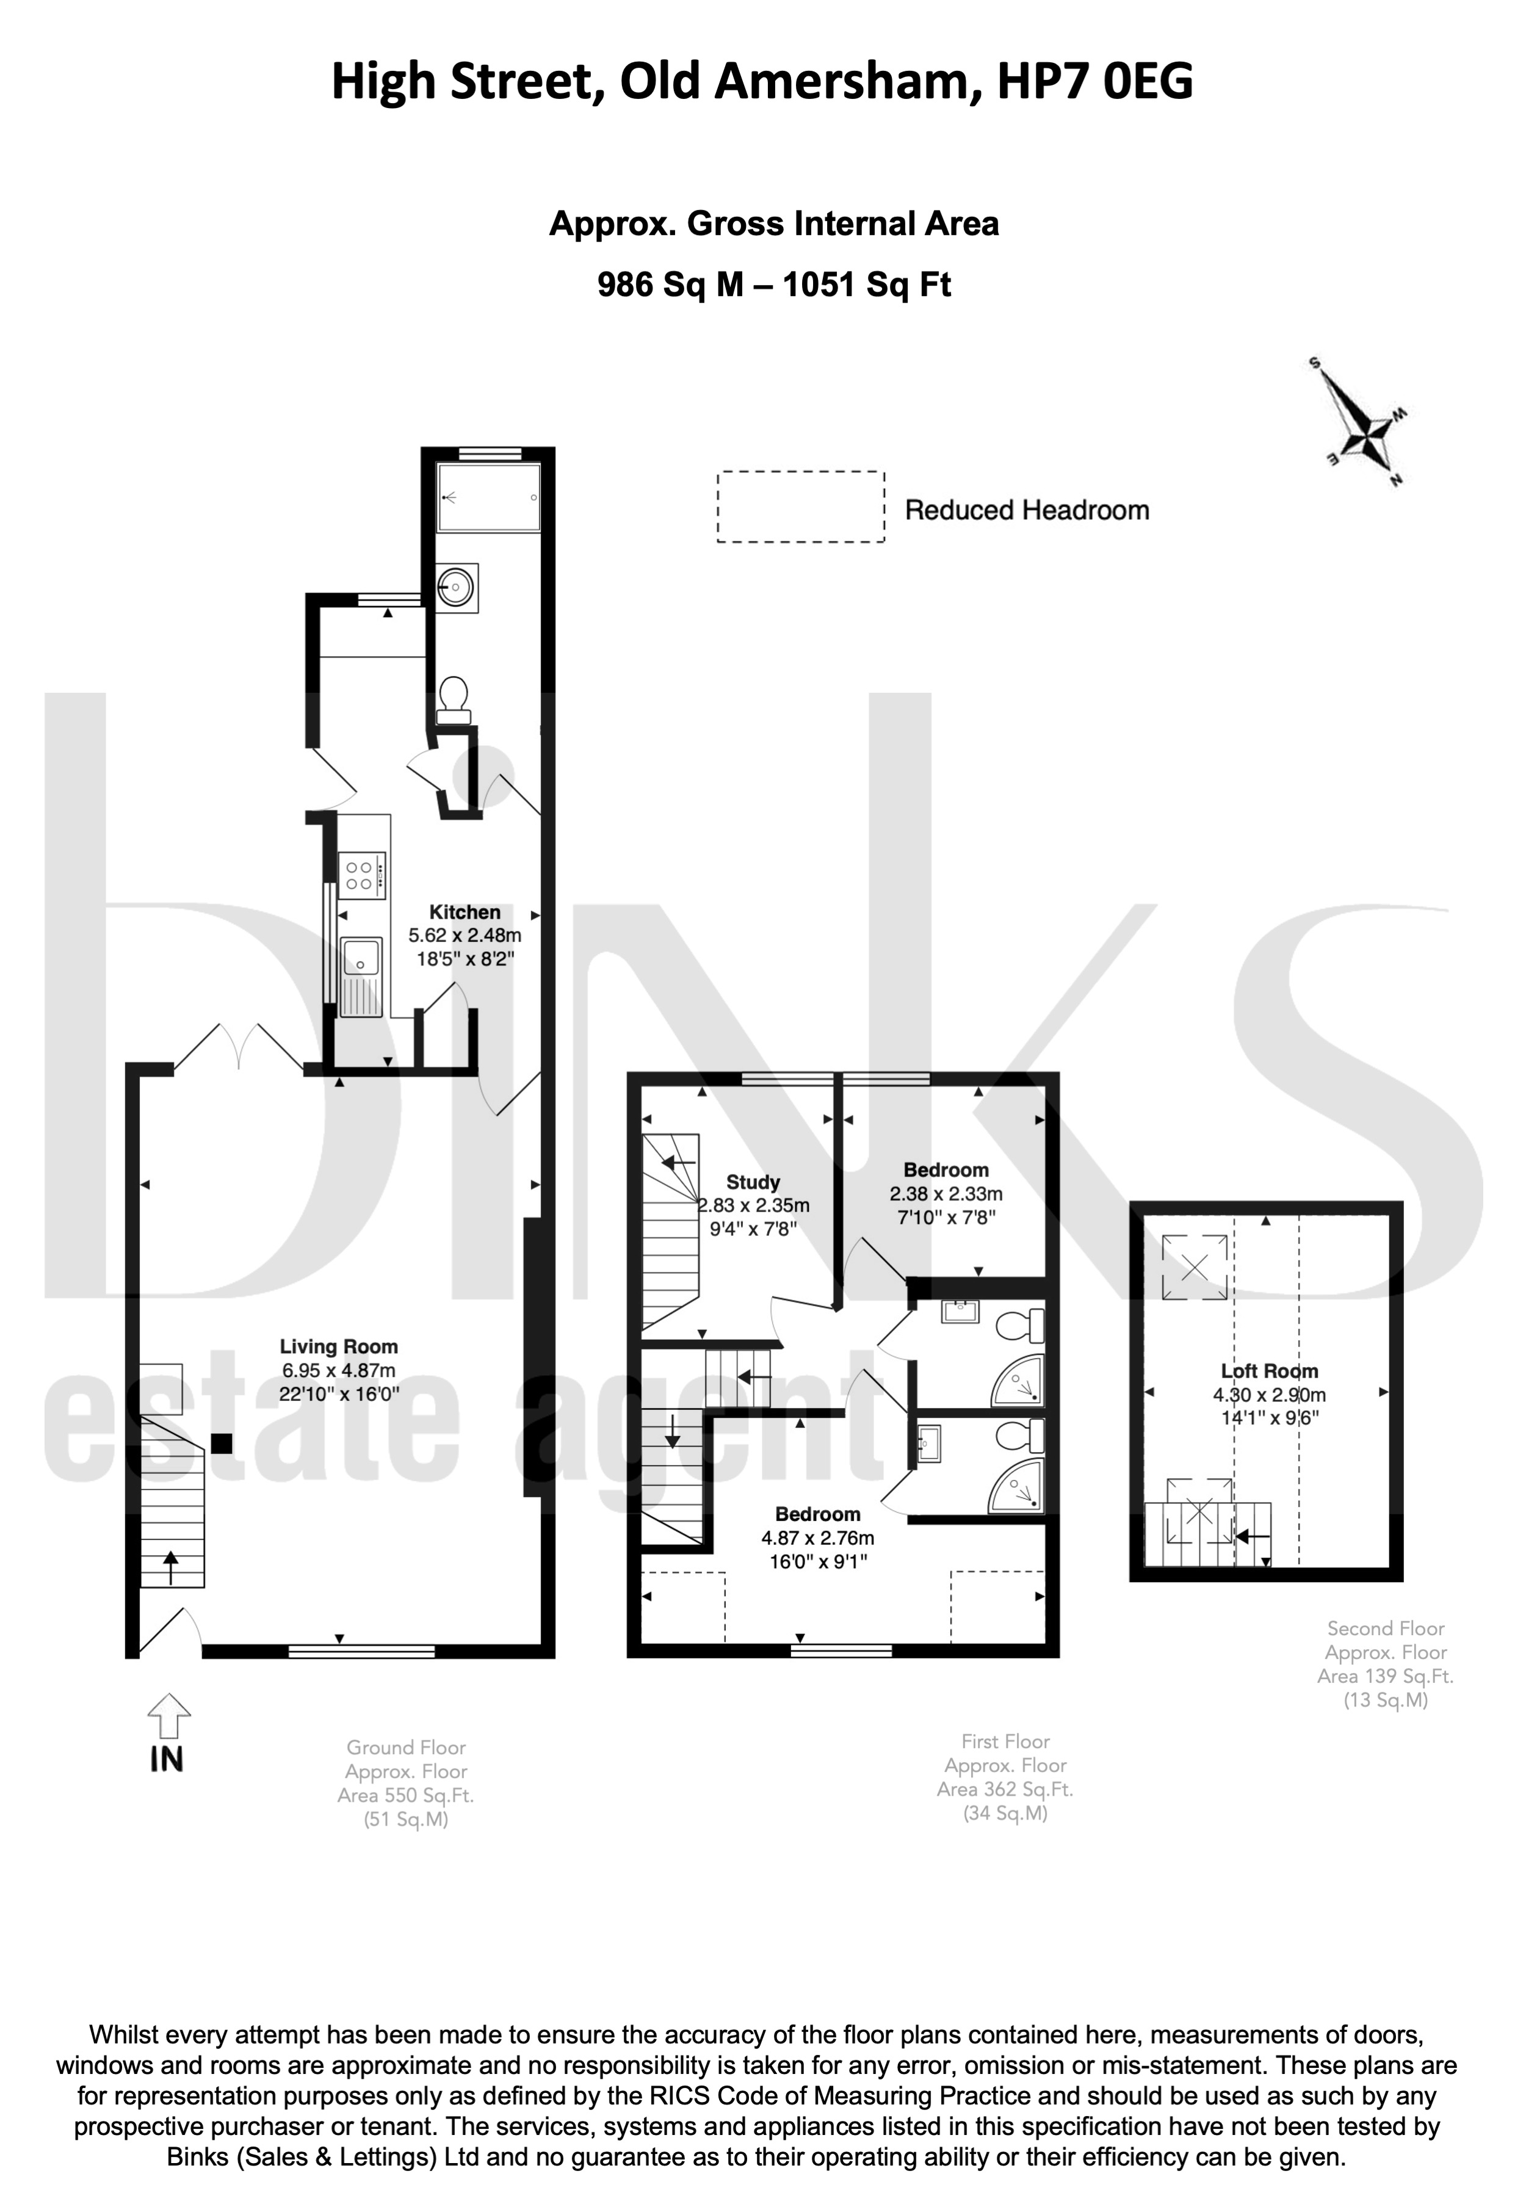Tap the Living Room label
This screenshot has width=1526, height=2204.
339,1347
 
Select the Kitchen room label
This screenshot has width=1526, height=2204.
465,912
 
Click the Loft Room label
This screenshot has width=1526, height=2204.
1270,1371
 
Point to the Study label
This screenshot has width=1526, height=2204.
753,1182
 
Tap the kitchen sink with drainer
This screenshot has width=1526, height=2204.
361,976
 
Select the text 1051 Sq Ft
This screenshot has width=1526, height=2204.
866,285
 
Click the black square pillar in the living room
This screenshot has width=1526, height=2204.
222,1444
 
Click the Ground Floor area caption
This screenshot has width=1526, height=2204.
407,1783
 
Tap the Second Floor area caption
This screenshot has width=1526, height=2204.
1386,1664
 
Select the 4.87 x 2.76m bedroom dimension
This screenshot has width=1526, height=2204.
817,1539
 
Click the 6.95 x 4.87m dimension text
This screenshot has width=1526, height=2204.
339,1371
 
